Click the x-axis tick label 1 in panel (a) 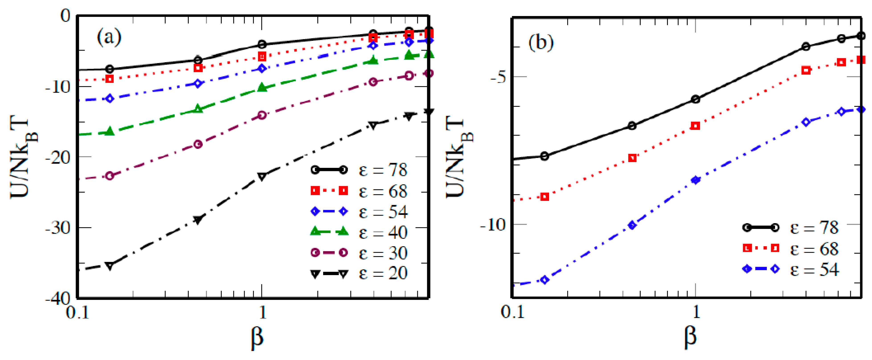coord(262,312)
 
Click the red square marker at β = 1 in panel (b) coord(695,126)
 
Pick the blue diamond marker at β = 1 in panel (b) coord(695,180)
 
